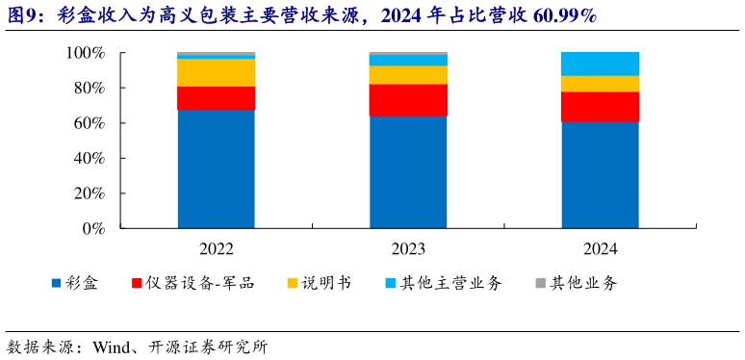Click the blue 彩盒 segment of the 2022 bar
click(216, 168)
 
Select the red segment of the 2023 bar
click(408, 100)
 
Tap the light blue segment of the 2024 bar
click(600, 64)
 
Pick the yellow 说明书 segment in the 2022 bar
click(216, 72)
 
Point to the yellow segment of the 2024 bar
click(600, 84)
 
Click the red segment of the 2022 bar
click(216, 98)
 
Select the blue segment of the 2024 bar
click(600, 174)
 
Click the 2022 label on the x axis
click(216, 248)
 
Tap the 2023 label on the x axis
click(408, 248)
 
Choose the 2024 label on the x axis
click(600, 248)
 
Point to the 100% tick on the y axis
click(86, 53)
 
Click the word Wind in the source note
click(111, 347)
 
